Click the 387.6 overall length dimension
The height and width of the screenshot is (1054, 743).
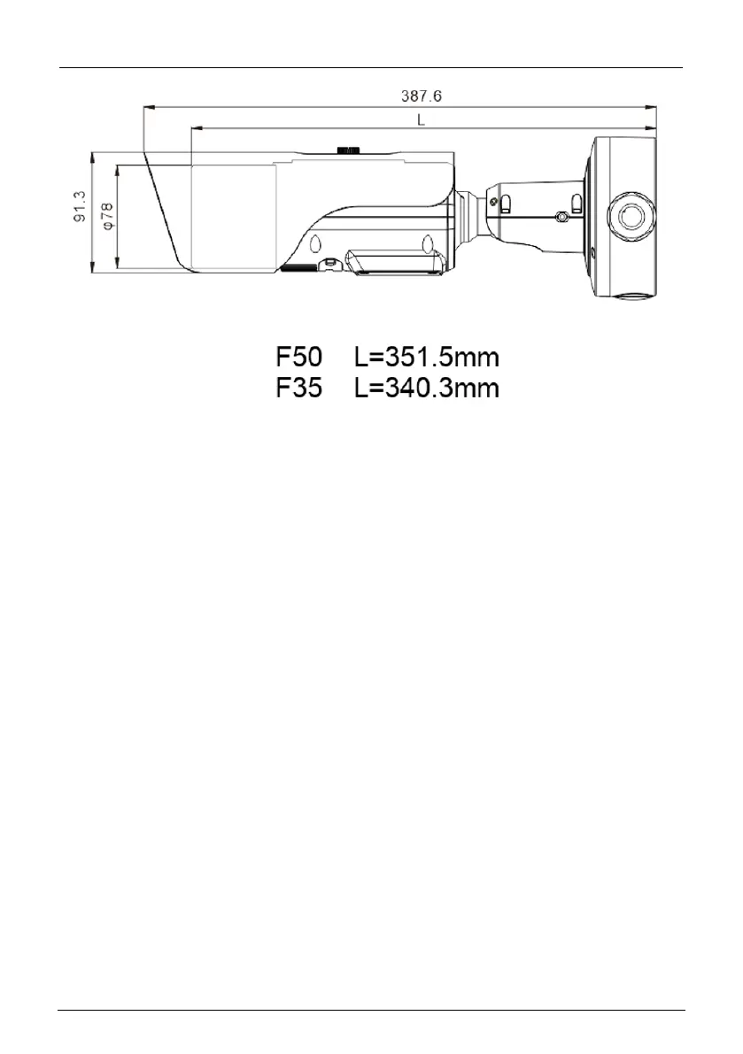pos(422,96)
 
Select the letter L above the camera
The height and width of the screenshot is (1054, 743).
pos(421,119)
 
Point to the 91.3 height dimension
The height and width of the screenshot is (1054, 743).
pos(80,206)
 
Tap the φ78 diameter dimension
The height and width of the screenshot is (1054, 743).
pos(107,216)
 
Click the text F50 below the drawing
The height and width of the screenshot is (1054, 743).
pos(299,357)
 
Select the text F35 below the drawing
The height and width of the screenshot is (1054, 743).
pos(299,388)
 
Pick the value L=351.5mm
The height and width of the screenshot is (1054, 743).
pos(427,357)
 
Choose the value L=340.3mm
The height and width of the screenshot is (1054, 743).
pos(427,388)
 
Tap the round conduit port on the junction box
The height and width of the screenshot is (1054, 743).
pos(630,217)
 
